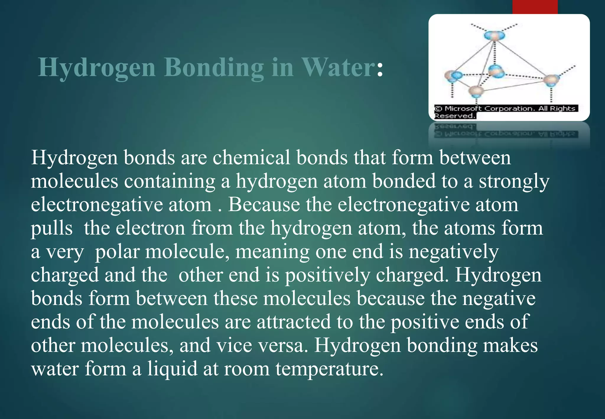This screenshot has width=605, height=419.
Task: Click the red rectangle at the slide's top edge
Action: (535, 7)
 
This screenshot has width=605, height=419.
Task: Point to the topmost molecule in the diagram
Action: (495, 36)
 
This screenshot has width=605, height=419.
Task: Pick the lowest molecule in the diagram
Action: (476, 90)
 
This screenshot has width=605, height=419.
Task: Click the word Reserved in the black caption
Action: (454, 116)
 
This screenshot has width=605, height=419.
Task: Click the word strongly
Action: (514, 181)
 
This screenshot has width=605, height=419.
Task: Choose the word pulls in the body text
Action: (52, 228)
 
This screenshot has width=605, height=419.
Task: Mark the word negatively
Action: (454, 252)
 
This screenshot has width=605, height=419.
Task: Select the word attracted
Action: (294, 322)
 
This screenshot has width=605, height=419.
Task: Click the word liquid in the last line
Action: (172, 369)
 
